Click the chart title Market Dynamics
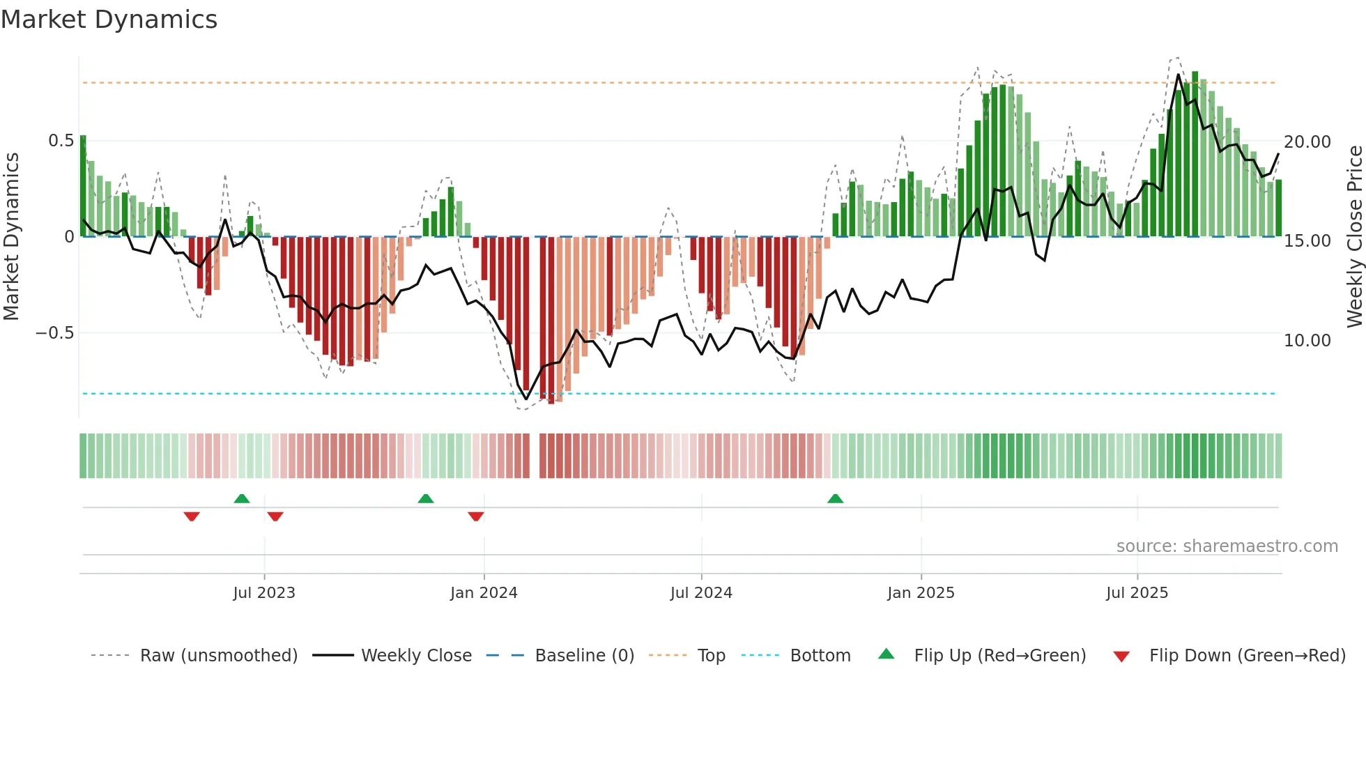[109, 20]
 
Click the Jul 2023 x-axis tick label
[264, 593]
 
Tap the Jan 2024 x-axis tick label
[484, 593]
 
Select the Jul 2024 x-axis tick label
[701, 593]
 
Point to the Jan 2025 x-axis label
[921, 593]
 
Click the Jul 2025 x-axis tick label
[1137, 593]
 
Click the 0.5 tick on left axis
[61, 141]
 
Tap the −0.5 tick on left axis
[55, 333]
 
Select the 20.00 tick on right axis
[1307, 142]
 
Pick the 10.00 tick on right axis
[1307, 341]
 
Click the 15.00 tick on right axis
[1307, 241]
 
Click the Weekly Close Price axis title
[1354, 236]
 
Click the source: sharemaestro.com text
[1227, 546]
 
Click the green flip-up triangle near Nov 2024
[835, 498]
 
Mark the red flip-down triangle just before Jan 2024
[476, 516]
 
